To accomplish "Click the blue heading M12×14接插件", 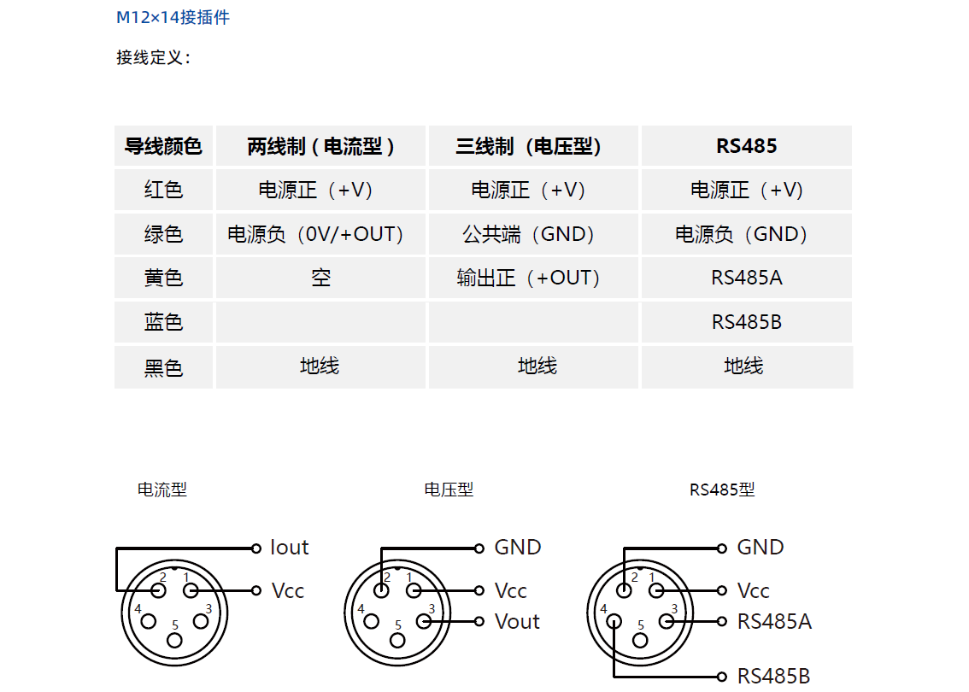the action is (173, 17).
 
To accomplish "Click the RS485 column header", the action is (747, 146).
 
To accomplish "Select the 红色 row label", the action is (164, 190).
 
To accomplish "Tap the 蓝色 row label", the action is (164, 322).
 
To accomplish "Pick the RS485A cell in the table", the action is (747, 278).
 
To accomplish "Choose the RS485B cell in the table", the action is (747, 322).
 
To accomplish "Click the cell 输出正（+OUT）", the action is (528, 278).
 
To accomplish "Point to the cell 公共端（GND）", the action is (528, 234).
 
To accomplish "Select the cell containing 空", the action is (320, 278).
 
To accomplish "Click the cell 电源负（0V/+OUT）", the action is (315, 234).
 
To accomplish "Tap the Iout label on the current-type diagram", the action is (289, 548).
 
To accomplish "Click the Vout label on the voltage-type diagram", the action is (517, 622).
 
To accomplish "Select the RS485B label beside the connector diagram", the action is (773, 676).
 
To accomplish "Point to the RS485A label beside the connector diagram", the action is (774, 622).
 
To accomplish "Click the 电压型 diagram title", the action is (449, 490).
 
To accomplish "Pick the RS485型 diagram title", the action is (722, 490).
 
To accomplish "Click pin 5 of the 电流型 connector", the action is (175, 640).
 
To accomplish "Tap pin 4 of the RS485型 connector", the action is (614, 621).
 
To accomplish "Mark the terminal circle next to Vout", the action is (479, 622).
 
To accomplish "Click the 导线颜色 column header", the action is (164, 146).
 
